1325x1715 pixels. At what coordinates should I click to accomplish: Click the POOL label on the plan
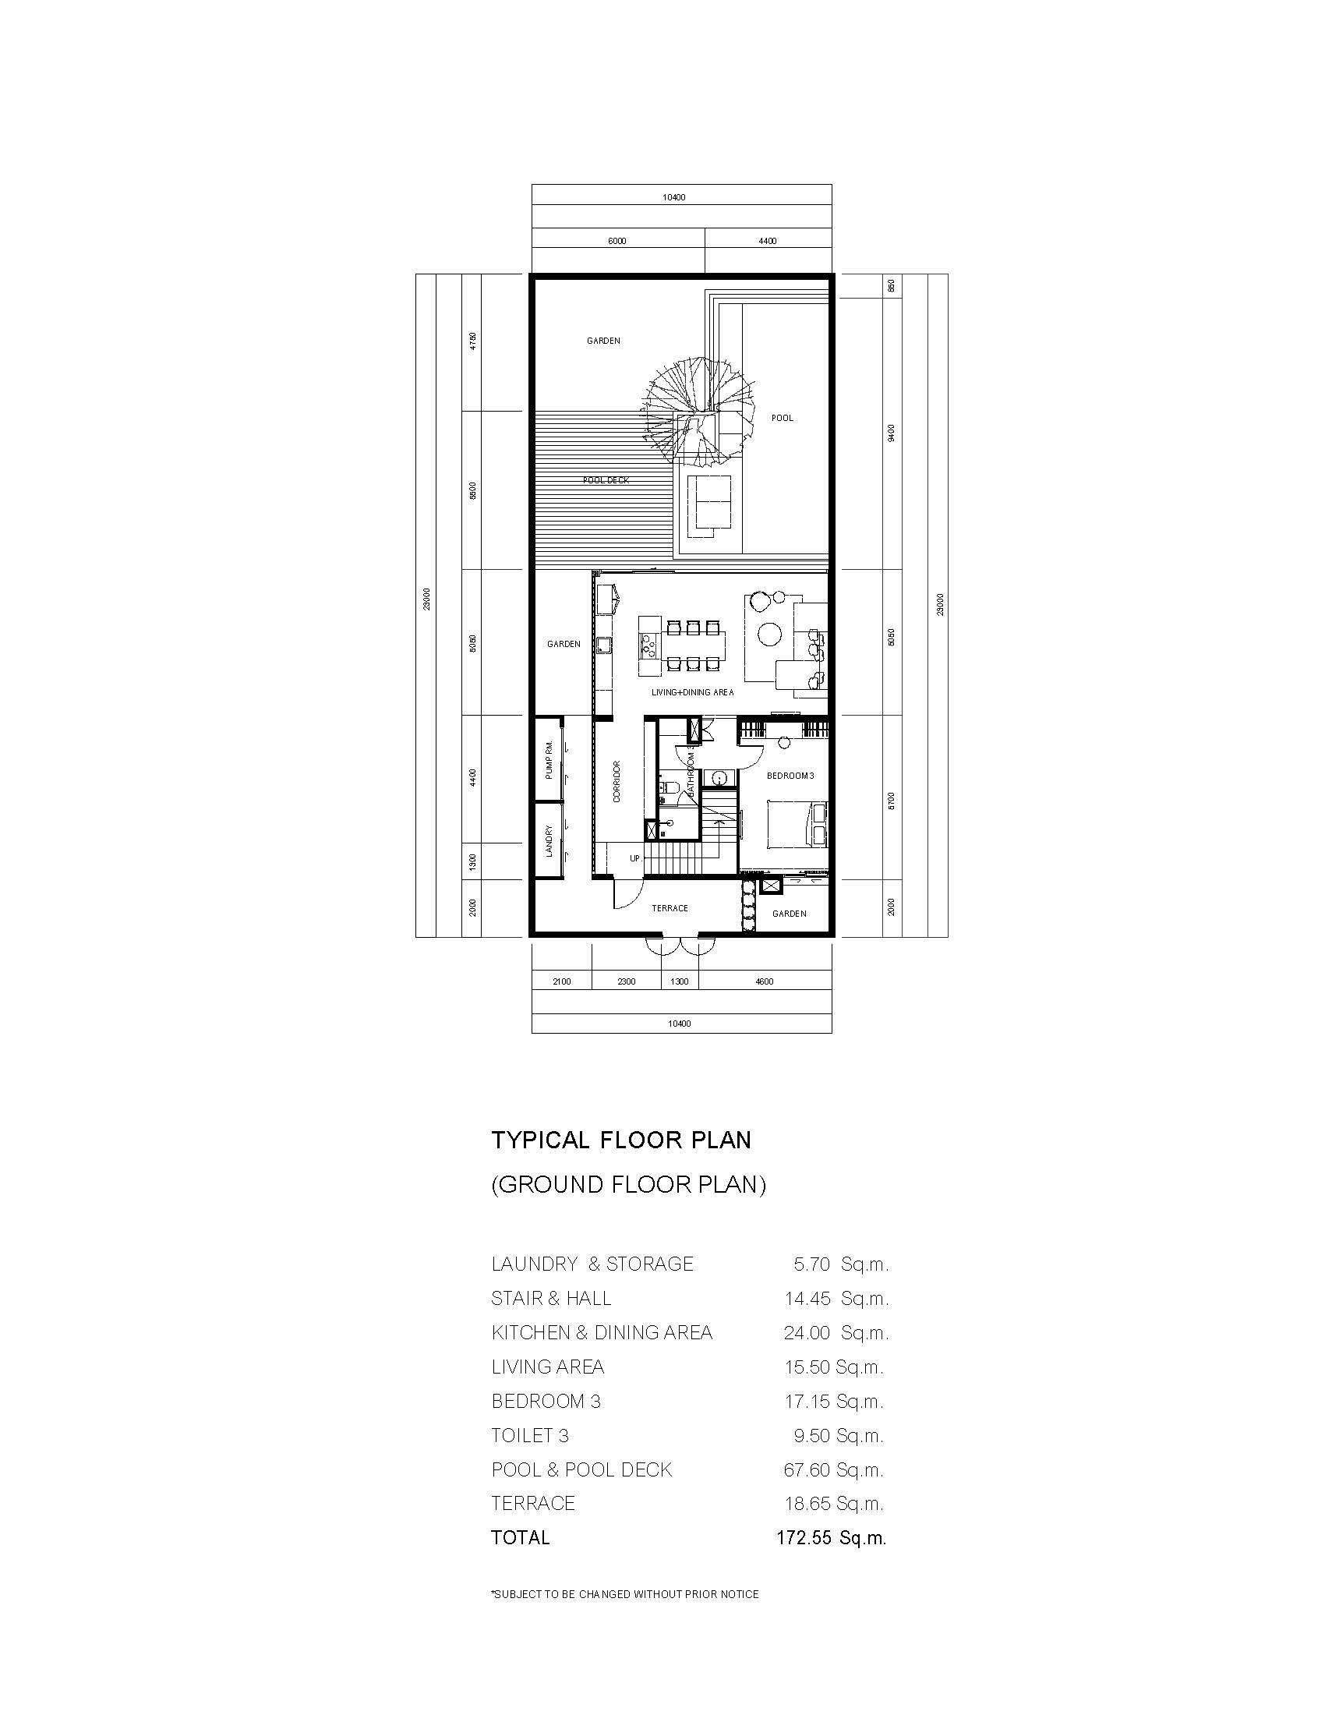[x=782, y=418]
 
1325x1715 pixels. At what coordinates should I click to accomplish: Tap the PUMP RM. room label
[x=549, y=758]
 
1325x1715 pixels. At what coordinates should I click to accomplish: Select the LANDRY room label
[x=549, y=840]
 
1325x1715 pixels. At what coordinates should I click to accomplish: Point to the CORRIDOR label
[x=617, y=781]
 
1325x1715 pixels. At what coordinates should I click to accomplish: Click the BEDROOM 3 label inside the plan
[x=790, y=776]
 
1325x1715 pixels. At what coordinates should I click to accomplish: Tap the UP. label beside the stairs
[x=635, y=858]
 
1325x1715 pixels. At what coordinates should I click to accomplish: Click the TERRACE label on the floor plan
[x=670, y=907]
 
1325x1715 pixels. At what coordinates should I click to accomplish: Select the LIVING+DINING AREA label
[x=692, y=692]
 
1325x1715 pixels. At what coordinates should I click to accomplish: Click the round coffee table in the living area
[x=770, y=633]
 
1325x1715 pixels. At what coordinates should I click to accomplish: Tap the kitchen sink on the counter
[x=602, y=645]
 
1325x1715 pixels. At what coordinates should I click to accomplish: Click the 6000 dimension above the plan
[x=617, y=241]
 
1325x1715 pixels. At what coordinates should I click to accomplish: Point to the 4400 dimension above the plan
[x=768, y=241]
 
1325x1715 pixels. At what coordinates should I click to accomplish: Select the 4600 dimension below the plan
[x=764, y=981]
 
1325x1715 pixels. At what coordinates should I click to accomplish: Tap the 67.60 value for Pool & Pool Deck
[x=807, y=1469]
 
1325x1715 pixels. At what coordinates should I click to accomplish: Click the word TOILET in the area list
[x=522, y=1435]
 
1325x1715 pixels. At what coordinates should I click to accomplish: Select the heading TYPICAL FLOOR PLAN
[x=621, y=1140]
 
